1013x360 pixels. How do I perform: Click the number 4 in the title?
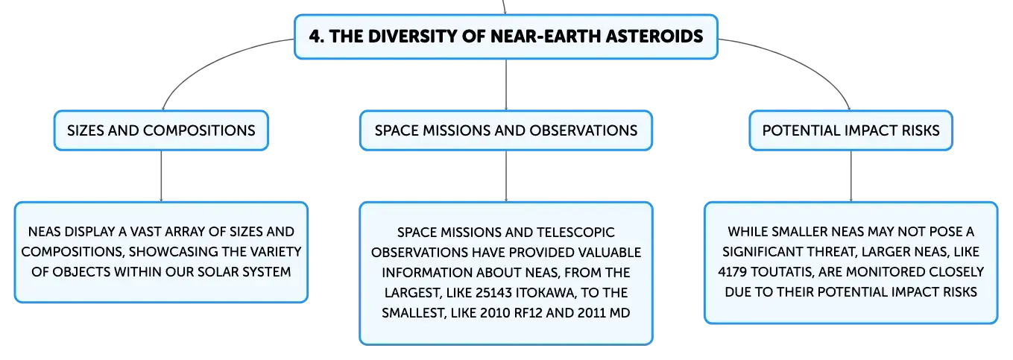[x=315, y=37]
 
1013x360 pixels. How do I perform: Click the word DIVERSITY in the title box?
[x=410, y=37]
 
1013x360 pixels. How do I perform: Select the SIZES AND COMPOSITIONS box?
[x=161, y=130]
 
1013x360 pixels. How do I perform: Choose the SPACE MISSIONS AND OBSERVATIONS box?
[x=506, y=130]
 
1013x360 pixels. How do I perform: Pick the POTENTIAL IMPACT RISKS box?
[x=851, y=130]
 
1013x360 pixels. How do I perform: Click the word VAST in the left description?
[x=145, y=232]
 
